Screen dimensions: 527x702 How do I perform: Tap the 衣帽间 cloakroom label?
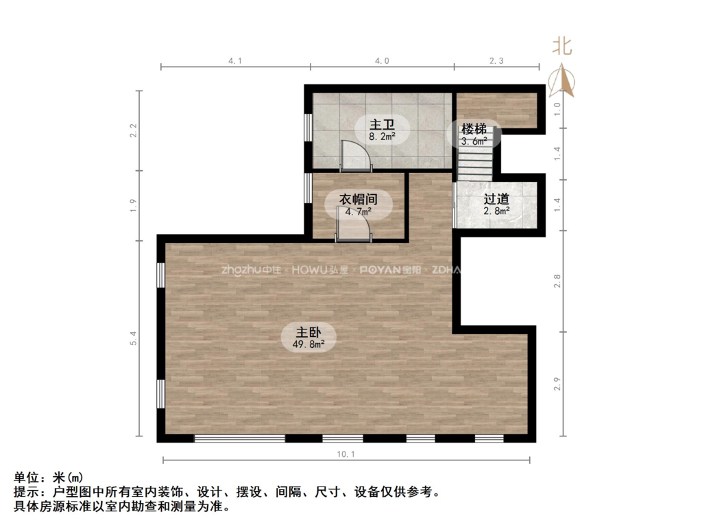[359, 199]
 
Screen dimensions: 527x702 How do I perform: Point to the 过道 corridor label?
[496, 199]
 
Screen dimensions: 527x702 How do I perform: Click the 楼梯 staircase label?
[474, 128]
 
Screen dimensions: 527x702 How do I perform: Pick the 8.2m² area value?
[383, 137]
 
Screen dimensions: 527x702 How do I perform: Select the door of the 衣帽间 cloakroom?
[353, 227]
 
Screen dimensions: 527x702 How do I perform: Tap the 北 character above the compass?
[563, 47]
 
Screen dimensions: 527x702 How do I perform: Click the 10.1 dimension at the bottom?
[346, 454]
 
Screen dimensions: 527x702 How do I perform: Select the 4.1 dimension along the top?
[235, 61]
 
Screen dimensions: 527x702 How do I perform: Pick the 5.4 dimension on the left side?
[134, 338]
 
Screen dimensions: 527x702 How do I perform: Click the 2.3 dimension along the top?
[496, 61]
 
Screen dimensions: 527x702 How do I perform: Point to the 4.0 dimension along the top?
[382, 61]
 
